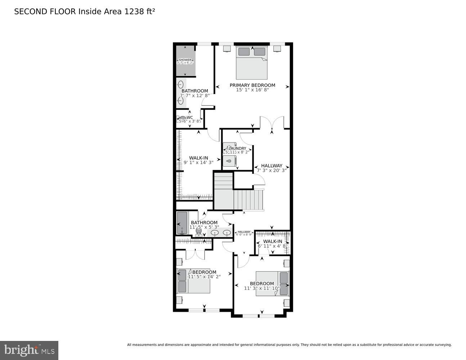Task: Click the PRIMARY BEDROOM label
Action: [252, 85]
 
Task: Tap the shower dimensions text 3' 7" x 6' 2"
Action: [185, 63]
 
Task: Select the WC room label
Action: [190, 117]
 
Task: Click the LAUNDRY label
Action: [237, 148]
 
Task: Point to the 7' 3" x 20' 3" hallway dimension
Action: [272, 170]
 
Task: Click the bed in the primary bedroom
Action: [252, 63]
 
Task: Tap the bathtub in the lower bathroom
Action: [182, 223]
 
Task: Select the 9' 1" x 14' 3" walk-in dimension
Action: [198, 162]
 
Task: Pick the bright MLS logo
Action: [29, 350]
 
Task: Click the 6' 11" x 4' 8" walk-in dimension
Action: [273, 246]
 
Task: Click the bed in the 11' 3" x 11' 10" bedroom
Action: [273, 284]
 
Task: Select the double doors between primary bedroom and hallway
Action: [272, 123]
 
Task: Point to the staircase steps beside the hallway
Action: [248, 200]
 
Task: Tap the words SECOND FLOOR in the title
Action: [45, 12]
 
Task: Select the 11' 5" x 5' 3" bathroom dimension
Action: [204, 227]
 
